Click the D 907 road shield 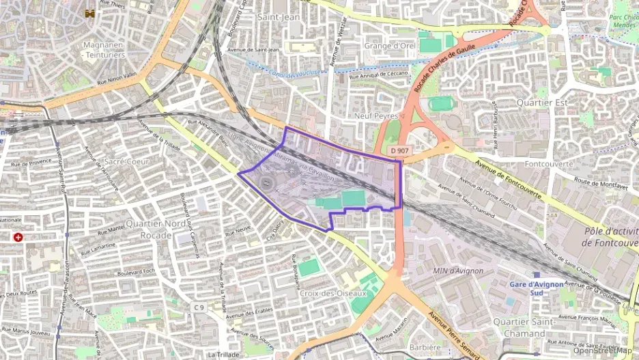coord(401,150)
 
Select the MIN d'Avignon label coord(458,271)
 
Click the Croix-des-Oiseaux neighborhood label coord(332,293)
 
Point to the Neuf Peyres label coord(375,116)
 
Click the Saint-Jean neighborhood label coord(278,16)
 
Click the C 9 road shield coord(199,308)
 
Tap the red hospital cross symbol coord(18,237)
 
